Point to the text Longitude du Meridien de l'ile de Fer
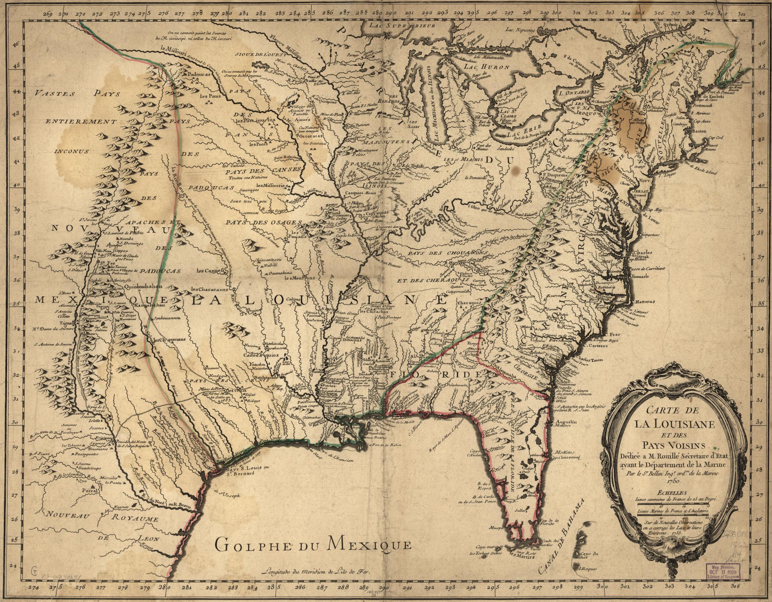(316, 582)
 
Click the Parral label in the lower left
(89, 491)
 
